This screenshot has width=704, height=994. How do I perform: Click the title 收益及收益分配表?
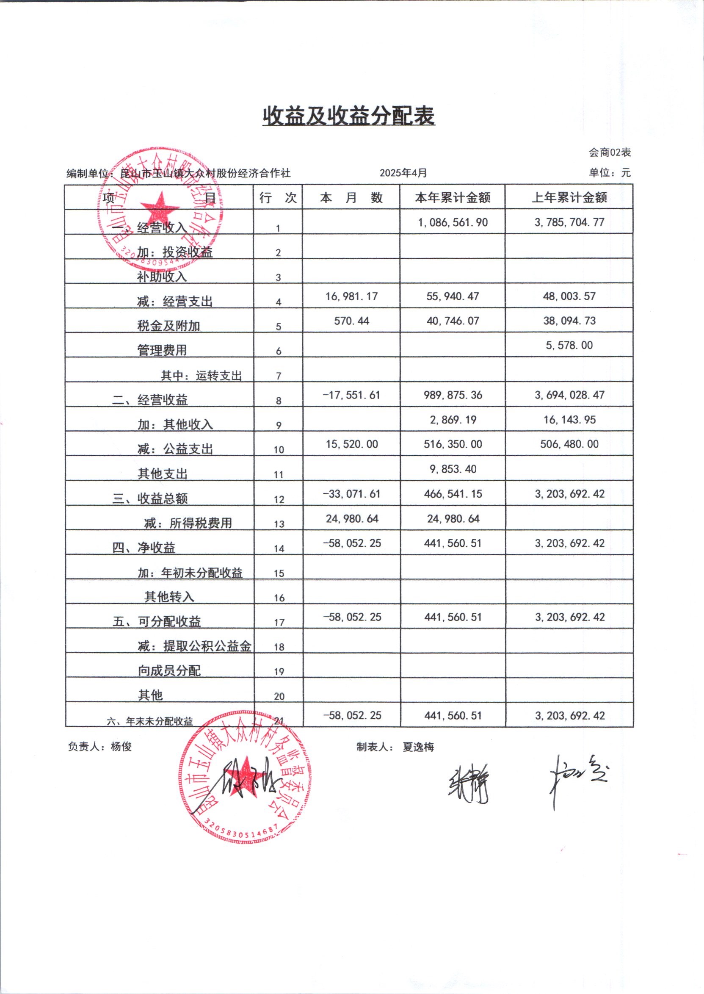point(348,116)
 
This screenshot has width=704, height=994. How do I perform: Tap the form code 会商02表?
point(610,152)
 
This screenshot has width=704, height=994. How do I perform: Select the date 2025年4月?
point(403,173)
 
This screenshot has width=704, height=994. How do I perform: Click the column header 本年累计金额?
point(453,198)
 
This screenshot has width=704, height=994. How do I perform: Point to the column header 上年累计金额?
point(569,198)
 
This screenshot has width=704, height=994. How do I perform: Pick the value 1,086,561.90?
point(453,222)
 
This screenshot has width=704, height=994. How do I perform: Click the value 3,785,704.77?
point(569,222)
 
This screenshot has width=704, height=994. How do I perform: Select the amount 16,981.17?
point(351,296)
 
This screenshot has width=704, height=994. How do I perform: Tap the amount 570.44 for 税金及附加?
point(351,321)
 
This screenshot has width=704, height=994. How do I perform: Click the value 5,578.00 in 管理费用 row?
point(569,346)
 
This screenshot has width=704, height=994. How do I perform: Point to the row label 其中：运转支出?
point(201,376)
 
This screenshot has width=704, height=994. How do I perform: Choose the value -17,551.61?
point(351,395)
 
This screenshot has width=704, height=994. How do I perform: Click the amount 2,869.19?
point(453,420)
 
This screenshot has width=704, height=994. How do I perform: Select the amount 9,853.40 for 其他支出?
point(453,469)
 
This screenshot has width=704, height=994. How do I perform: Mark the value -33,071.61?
point(351,494)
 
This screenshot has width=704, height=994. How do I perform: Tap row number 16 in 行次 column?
point(279,598)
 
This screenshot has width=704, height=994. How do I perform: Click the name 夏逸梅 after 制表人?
point(418,747)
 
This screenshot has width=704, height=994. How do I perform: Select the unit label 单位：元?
point(610,173)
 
